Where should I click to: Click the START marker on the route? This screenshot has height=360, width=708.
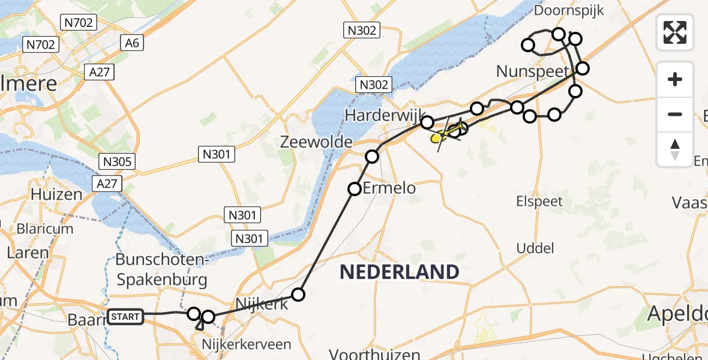[x=125, y=316]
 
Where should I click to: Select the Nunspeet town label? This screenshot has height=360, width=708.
[x=532, y=71]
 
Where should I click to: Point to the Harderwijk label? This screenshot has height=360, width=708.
[x=385, y=114]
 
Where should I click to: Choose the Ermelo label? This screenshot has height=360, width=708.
[x=394, y=188]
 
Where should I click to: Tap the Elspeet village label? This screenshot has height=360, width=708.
[x=539, y=201]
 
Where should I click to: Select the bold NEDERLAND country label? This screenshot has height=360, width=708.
[x=400, y=272]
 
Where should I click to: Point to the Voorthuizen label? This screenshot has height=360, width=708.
[x=381, y=354]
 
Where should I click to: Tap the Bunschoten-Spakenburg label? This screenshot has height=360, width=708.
[x=161, y=270]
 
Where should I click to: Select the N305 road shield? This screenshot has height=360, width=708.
[x=118, y=161]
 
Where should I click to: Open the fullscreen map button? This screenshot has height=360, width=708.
[x=675, y=32]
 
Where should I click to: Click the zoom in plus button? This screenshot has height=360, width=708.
[x=675, y=79]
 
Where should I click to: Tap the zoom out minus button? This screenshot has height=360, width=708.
[x=675, y=114]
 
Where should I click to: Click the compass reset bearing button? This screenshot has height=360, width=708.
[x=675, y=149]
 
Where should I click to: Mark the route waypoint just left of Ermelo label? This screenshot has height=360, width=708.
[x=355, y=189]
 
